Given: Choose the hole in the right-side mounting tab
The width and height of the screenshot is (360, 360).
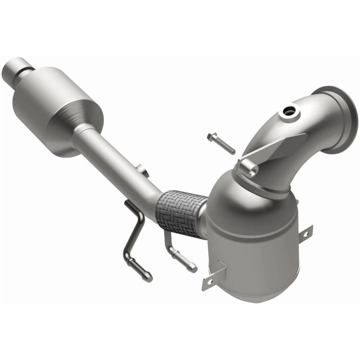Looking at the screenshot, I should click(x=305, y=234).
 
